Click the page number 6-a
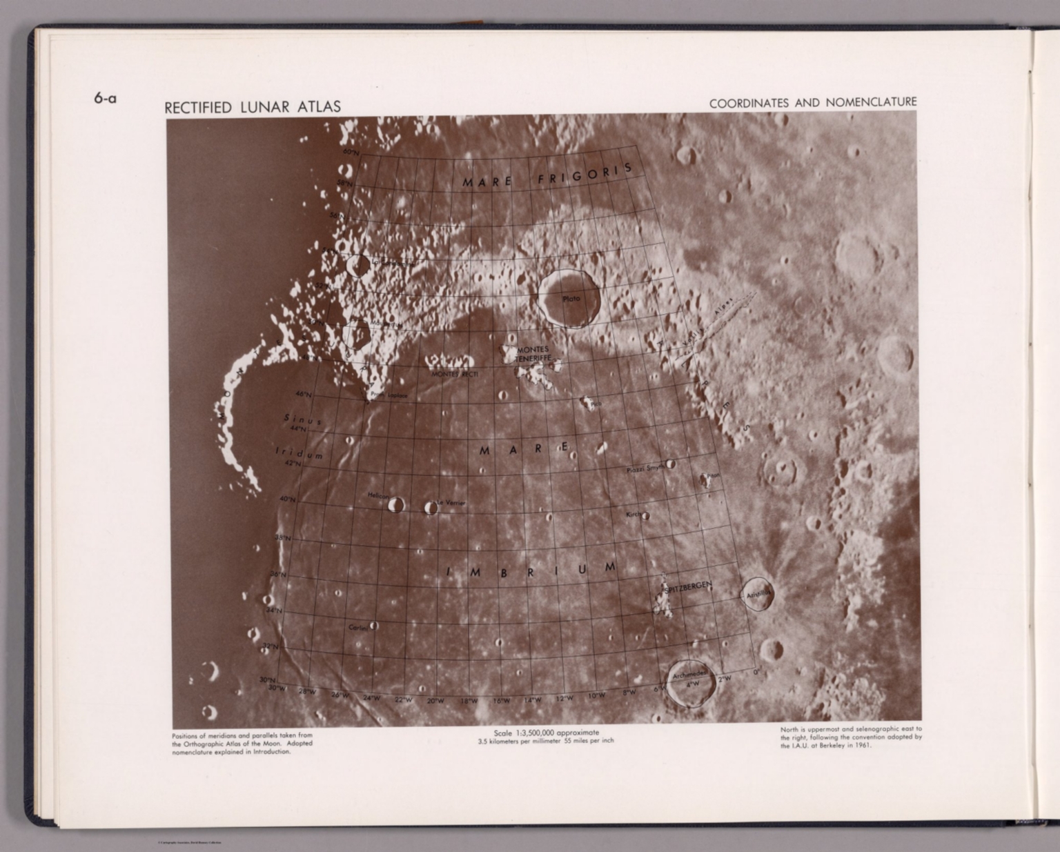coord(105,99)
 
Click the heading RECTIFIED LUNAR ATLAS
coord(252,107)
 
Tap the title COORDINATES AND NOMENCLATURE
coord(813,103)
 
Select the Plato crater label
coord(571,299)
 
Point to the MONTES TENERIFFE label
coord(532,355)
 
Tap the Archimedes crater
coord(690,683)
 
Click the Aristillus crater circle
coord(758,594)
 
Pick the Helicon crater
coord(395,505)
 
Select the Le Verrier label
coord(451,503)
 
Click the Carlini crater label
coord(357,628)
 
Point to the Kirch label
coord(634,515)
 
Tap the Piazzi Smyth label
coord(645,469)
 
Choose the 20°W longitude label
coord(435,701)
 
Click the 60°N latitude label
coord(351,152)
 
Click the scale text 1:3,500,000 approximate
coord(546,733)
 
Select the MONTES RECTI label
coord(454,374)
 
